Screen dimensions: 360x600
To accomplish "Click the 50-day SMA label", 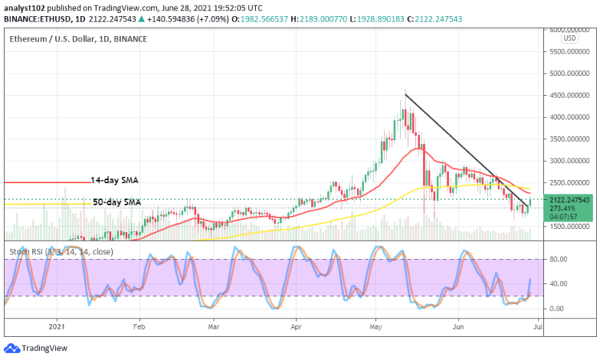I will pyautogui.click(x=117, y=202).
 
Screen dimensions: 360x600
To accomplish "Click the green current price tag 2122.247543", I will pyautogui.click(x=569, y=199).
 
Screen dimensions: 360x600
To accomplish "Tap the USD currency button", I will pyautogui.click(x=570, y=38).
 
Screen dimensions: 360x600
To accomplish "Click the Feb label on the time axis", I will pyautogui.click(x=139, y=326).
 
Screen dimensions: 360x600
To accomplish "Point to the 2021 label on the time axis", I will pyautogui.click(x=56, y=326).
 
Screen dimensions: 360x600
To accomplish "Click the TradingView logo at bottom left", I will pyautogui.click(x=36, y=348).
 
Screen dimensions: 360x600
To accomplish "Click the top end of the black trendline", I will pyautogui.click(x=405, y=94).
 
